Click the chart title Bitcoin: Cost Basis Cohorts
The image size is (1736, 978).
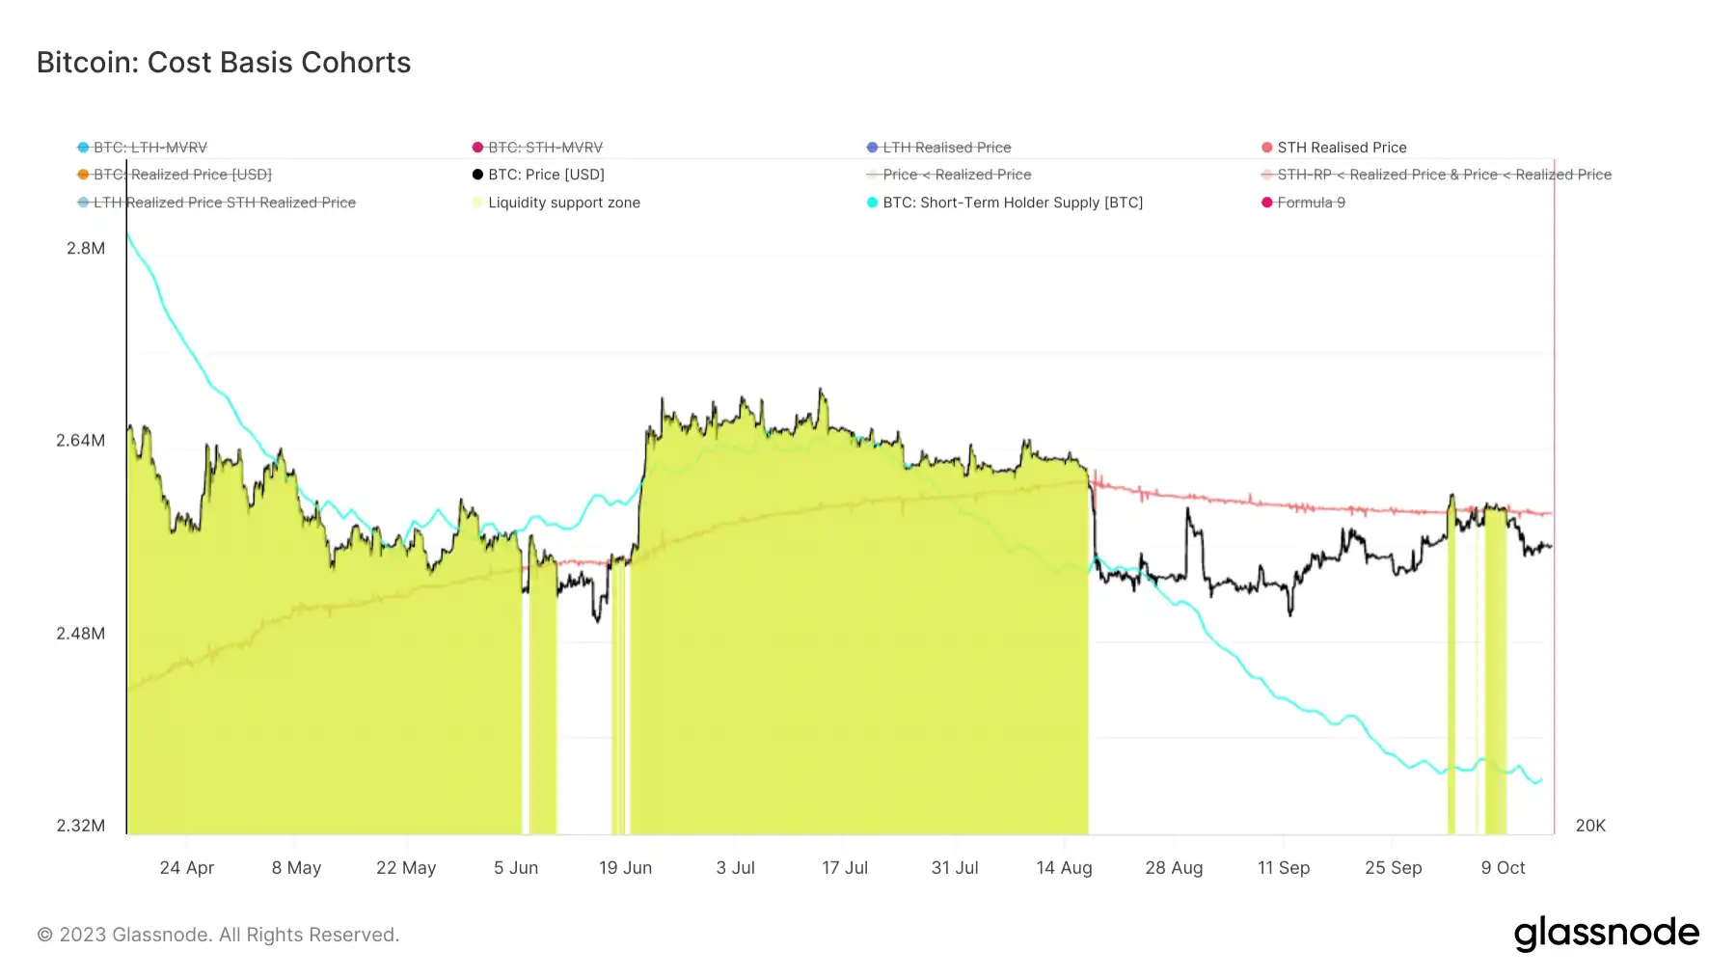point(224,63)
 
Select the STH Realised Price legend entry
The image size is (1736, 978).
point(1341,148)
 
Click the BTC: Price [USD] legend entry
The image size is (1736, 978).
point(546,175)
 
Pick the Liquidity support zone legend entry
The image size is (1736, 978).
point(563,203)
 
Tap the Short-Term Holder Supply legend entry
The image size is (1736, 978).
point(1012,203)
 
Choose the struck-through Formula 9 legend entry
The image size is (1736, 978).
point(1311,203)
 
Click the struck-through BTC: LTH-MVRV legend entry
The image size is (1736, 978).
point(149,148)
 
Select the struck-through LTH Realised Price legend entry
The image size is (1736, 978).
point(946,148)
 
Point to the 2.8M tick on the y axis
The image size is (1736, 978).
point(86,249)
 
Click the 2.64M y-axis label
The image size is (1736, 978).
point(81,441)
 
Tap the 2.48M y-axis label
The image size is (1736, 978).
point(81,634)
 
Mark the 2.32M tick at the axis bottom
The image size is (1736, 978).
point(81,826)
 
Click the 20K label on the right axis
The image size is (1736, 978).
point(1590,826)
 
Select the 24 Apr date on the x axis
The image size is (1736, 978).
point(187,868)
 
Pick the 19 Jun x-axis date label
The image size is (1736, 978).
point(625,868)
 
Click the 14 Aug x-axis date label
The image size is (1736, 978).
point(1064,868)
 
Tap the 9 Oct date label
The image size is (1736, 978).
point(1503,868)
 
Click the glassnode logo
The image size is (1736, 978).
point(1606,934)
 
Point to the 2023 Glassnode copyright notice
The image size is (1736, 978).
point(218,935)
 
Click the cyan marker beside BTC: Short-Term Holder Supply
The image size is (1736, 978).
point(872,203)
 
